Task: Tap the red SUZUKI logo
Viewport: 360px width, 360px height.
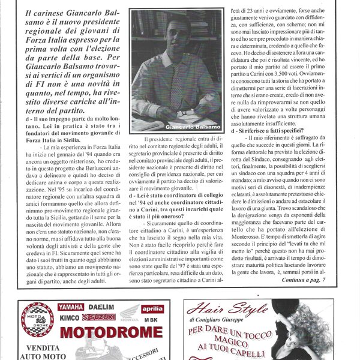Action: point(99,316)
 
